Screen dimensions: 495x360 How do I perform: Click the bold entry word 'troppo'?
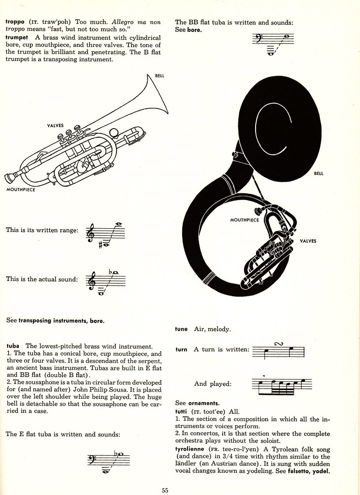pyautogui.click(x=15, y=22)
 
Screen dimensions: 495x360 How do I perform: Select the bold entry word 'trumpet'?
pyautogui.click(x=17, y=37)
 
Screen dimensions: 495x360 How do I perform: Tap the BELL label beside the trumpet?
pyautogui.click(x=160, y=76)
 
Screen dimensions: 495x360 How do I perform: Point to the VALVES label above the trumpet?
pyautogui.click(x=55, y=126)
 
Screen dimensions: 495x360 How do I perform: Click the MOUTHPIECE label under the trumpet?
pyautogui.click(x=21, y=189)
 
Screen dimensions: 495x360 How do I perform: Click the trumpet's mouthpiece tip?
pyautogui.click(x=8, y=178)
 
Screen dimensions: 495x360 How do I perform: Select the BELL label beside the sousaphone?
pyautogui.click(x=318, y=174)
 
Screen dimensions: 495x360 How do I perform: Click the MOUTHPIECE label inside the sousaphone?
pyautogui.click(x=245, y=220)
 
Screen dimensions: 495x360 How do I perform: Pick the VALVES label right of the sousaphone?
pyautogui.click(x=308, y=241)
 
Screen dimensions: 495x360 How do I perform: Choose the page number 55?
pyautogui.click(x=165, y=490)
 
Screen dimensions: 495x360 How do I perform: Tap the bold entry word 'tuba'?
pyautogui.click(x=13, y=346)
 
